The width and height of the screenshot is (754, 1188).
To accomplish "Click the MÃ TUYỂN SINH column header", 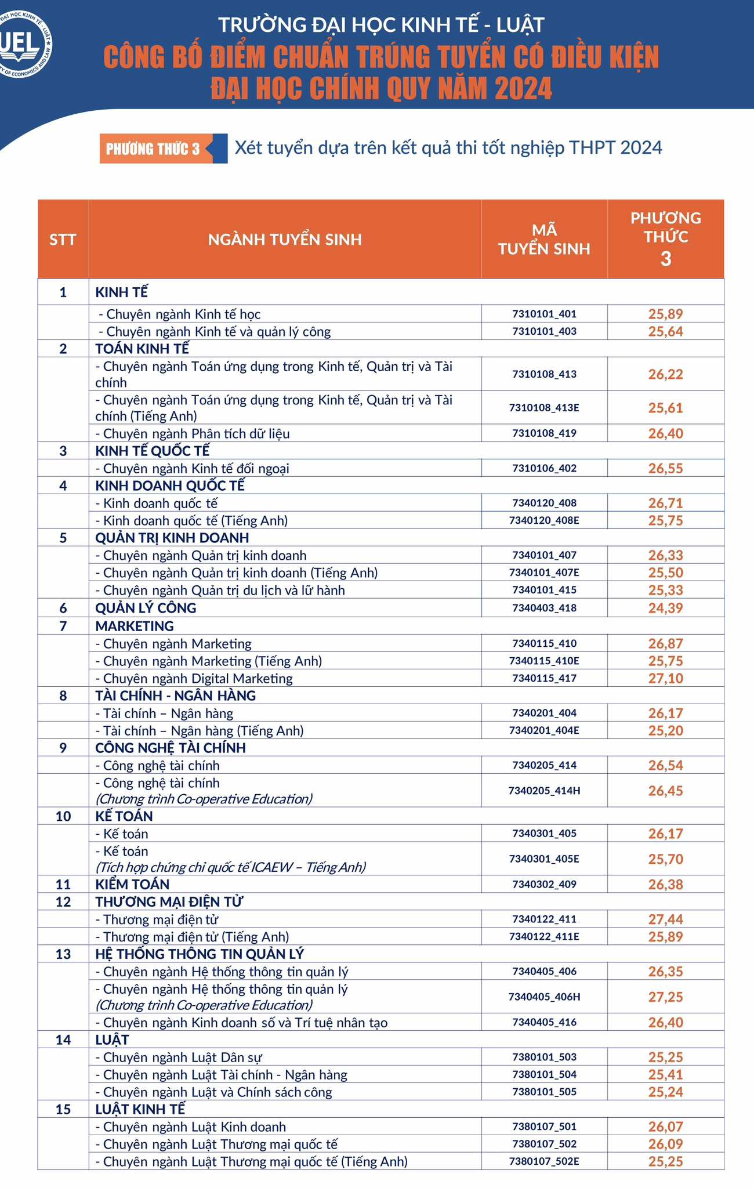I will click(x=544, y=239).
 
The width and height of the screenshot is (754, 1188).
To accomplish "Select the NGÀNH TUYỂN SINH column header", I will click(x=285, y=239).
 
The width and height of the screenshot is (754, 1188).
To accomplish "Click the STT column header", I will click(x=63, y=239).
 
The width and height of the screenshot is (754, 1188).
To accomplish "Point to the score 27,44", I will click(x=665, y=919).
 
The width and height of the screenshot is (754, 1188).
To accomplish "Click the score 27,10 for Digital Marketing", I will click(x=665, y=678).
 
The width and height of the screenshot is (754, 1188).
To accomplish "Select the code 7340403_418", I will click(x=544, y=608).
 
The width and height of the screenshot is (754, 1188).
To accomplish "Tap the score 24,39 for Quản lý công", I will click(x=665, y=608).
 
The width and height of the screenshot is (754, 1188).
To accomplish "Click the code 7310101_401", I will click(x=544, y=314).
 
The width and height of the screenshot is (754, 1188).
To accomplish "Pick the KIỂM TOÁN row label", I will click(x=132, y=884).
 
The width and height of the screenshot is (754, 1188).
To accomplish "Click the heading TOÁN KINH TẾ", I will click(x=142, y=349).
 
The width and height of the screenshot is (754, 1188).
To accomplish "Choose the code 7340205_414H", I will click(x=544, y=790).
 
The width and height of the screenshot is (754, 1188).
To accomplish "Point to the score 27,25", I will click(x=665, y=997).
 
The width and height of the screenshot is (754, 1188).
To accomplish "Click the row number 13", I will click(x=63, y=954).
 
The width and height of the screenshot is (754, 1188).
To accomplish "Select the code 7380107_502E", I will click(x=544, y=1161).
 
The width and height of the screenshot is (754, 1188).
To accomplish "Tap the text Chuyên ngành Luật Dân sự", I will click(x=182, y=1057).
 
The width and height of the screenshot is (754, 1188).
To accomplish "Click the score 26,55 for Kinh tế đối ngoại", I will click(x=665, y=468).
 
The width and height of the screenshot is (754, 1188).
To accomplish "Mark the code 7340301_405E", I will click(x=544, y=859).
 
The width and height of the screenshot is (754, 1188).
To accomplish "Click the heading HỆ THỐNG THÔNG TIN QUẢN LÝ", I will click(x=200, y=954).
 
